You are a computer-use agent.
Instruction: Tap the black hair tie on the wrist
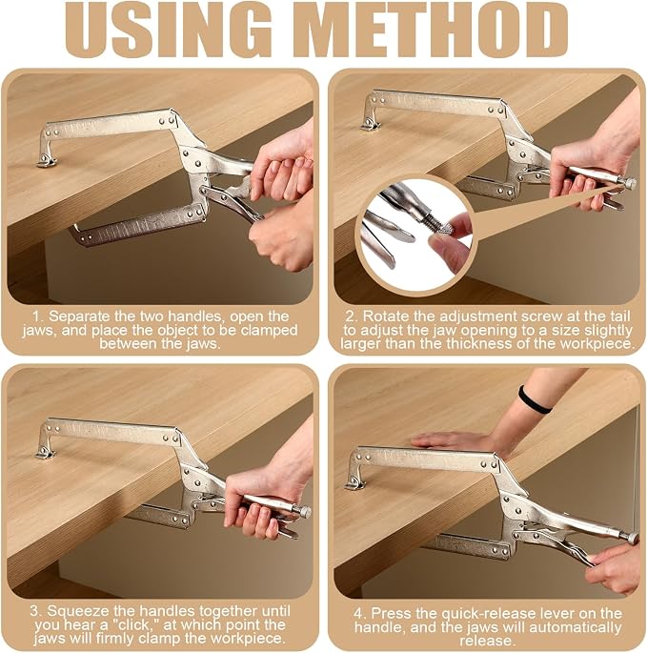tap(534, 400)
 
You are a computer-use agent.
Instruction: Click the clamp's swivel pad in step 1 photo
tap(46, 161)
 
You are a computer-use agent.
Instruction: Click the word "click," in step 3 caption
tap(132, 624)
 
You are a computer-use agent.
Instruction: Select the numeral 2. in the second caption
tap(352, 316)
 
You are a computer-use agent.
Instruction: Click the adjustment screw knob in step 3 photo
tap(304, 512)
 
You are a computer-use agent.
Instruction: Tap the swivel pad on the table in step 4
tap(355, 483)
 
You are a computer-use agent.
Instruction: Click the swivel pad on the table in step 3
tap(45, 453)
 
